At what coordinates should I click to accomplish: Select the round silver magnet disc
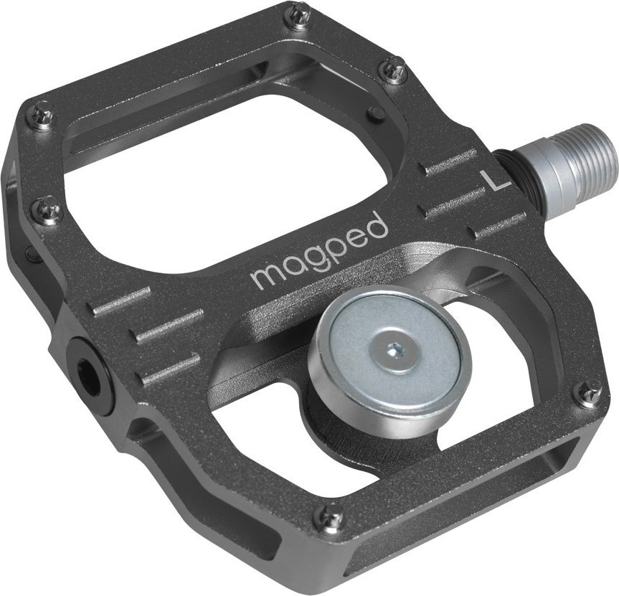[x=389, y=351]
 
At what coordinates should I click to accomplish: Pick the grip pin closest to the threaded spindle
[x=394, y=70]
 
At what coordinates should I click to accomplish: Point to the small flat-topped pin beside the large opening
[x=375, y=115]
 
